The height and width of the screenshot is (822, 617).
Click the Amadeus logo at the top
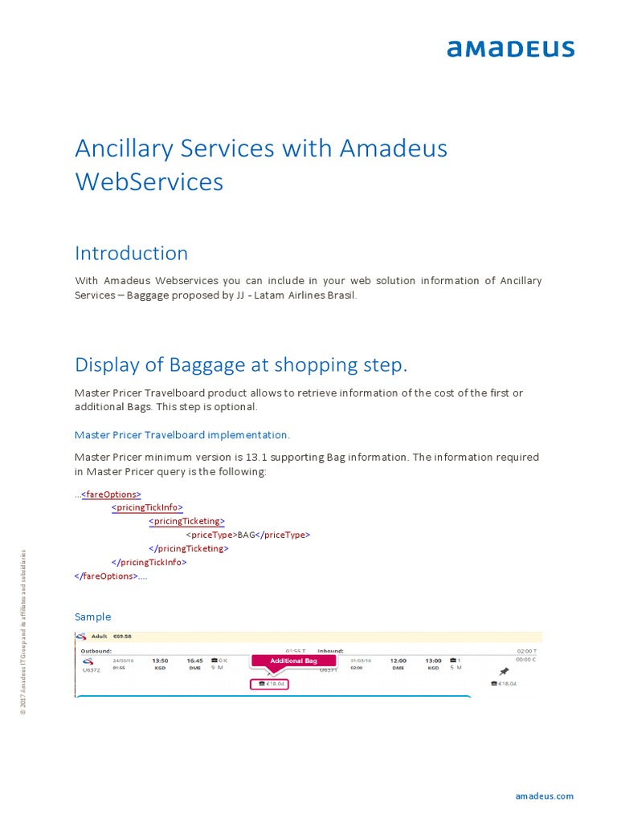click(510, 49)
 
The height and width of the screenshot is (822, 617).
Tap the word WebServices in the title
click(149, 182)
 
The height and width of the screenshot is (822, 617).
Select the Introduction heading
click(131, 254)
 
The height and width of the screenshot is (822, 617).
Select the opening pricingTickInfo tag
click(148, 508)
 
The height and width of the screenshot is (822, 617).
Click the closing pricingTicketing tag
click(189, 549)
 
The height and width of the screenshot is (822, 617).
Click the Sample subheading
click(92, 617)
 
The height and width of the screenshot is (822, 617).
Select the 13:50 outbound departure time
click(160, 661)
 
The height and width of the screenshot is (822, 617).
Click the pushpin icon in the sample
click(504, 671)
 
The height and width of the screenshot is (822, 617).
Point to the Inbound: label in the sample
click(330, 651)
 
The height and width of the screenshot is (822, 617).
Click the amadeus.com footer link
click(544, 796)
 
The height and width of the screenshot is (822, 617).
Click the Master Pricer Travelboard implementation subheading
click(182, 435)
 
